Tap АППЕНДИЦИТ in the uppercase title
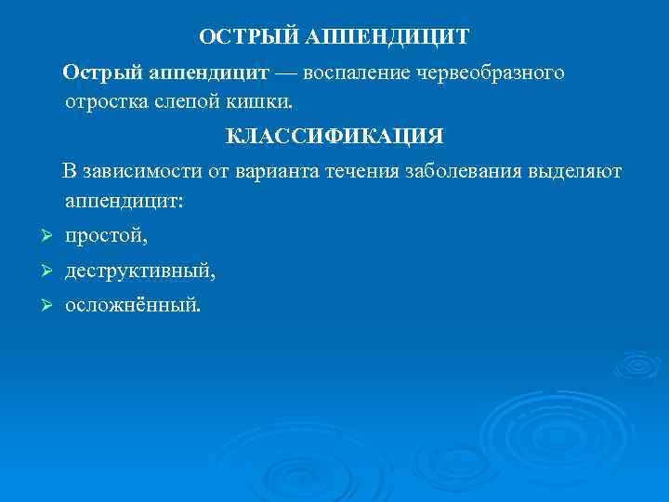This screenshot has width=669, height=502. (x=385, y=37)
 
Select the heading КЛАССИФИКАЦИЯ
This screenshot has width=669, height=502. (x=334, y=137)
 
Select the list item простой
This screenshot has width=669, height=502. (x=105, y=237)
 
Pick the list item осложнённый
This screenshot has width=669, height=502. (x=131, y=304)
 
